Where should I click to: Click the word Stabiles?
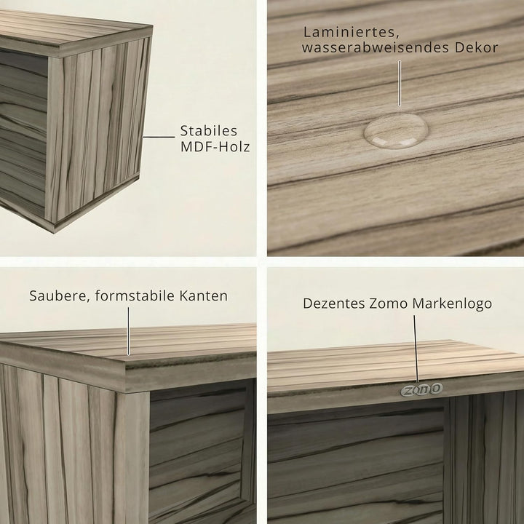pos(209,131)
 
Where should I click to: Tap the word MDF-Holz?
pos(215,147)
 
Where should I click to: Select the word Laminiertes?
pos(350,33)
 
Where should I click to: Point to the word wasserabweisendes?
pos(375,47)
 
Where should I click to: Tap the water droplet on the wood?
pos(396,130)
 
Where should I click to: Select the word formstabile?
pos(135,295)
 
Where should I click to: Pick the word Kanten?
pos(204,295)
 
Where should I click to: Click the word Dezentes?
pos(333,303)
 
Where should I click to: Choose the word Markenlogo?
pos(452,304)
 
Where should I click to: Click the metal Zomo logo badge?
pos(421,389)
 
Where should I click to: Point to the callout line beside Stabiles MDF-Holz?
pos(159,137)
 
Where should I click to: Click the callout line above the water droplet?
pos(400,83)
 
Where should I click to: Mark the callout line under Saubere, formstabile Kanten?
pos(128,332)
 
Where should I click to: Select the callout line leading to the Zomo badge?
pos(416,349)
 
